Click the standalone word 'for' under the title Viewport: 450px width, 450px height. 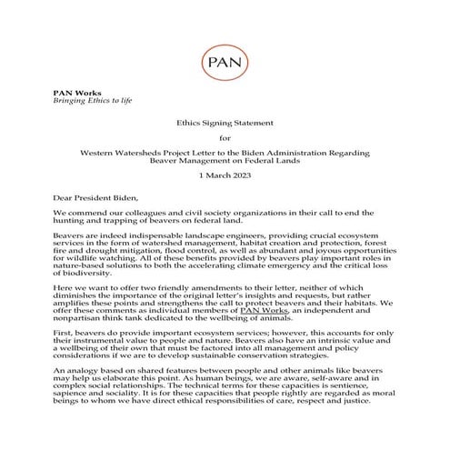(225, 138)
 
